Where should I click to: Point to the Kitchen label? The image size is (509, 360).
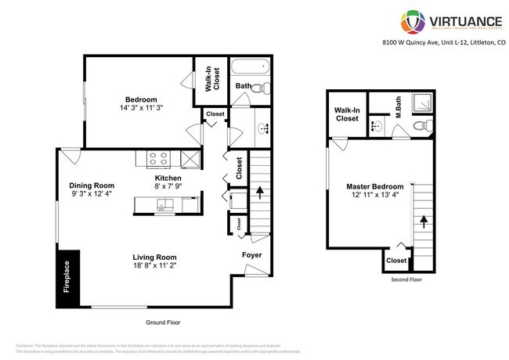(168, 178)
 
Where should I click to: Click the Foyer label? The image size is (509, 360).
(251, 256)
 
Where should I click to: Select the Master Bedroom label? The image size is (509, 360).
(375, 186)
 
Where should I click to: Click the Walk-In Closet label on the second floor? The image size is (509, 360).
(347, 113)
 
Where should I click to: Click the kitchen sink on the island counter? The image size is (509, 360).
(164, 206)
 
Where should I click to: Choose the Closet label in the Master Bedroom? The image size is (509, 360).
(396, 261)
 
